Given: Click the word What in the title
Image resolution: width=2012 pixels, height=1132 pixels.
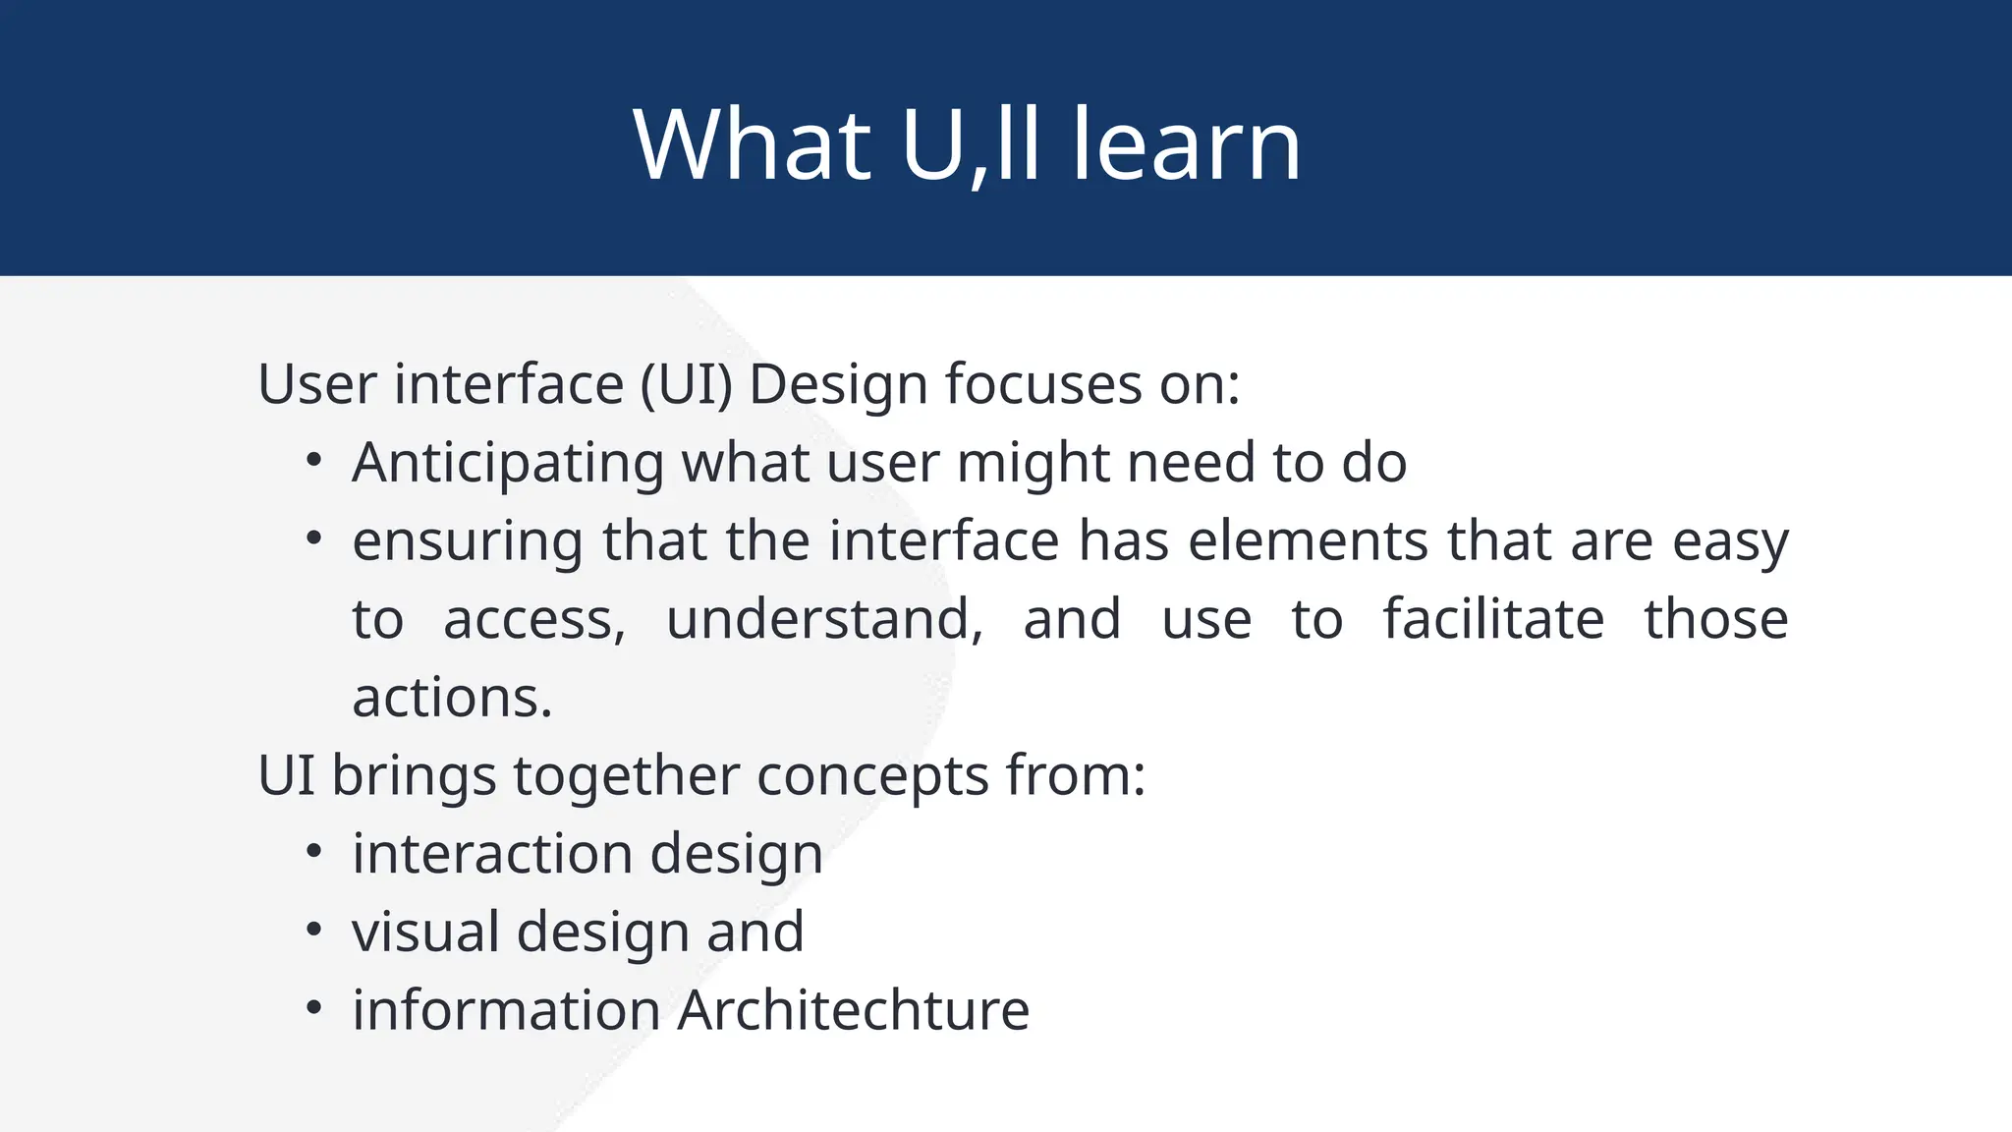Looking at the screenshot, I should [753, 145].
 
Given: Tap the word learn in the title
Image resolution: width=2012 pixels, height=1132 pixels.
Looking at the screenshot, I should [1186, 145].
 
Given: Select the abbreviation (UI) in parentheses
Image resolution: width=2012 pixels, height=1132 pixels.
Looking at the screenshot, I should [687, 384].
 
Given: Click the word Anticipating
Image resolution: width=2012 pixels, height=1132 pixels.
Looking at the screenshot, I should [508, 463].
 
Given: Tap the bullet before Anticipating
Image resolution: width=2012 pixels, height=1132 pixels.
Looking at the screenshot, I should [313, 461].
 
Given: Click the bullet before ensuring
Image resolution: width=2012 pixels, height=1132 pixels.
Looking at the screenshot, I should [313, 538].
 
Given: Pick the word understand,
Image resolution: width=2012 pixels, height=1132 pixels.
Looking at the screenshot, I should [824, 620].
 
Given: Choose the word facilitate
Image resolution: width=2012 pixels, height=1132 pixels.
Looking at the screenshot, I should [1493, 620].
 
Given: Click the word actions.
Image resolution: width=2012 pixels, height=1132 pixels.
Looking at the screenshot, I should [452, 699].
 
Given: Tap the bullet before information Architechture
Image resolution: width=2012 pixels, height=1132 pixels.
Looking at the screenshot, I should [313, 1008].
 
